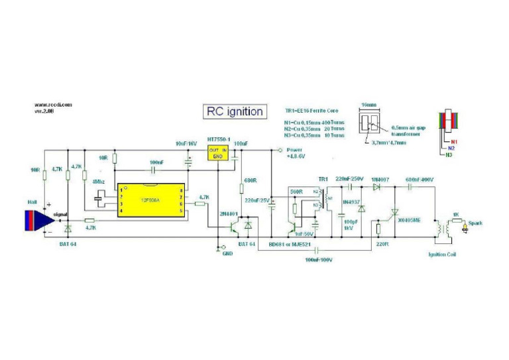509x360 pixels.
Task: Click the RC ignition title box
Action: coord(235,111)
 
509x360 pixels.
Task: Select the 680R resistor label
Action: coord(250,180)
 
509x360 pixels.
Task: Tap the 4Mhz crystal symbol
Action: coord(101,197)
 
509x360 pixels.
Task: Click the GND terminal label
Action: coord(227,253)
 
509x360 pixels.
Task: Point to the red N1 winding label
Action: coord(455,142)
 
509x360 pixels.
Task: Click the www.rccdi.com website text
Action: coord(52,105)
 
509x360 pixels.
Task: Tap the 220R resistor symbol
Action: coord(378,230)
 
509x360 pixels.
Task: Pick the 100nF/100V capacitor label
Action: coord(318,260)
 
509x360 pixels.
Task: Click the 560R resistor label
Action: coord(296,191)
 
